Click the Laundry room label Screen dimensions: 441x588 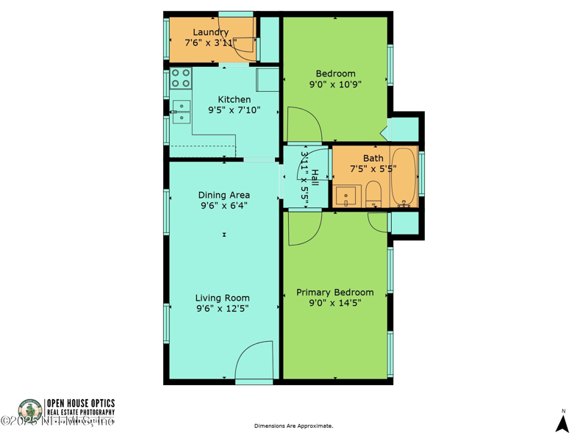[210, 32]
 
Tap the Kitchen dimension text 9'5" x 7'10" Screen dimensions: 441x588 [234, 110]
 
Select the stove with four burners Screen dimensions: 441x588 [181, 78]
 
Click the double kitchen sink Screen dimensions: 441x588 [180, 112]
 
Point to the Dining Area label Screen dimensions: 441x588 [223, 195]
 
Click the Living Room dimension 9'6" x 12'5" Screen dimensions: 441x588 [222, 309]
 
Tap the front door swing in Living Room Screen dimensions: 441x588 [254, 362]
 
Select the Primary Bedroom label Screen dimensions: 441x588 [334, 293]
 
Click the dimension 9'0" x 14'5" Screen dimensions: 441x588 [334, 303]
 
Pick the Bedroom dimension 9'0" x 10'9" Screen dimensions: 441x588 [335, 85]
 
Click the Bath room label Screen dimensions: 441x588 [373, 158]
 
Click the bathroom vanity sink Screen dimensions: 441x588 [345, 197]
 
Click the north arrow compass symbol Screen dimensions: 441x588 [563, 423]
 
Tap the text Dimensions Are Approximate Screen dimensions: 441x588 [293, 426]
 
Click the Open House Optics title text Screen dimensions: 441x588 [81, 404]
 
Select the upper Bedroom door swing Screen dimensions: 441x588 [303, 125]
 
